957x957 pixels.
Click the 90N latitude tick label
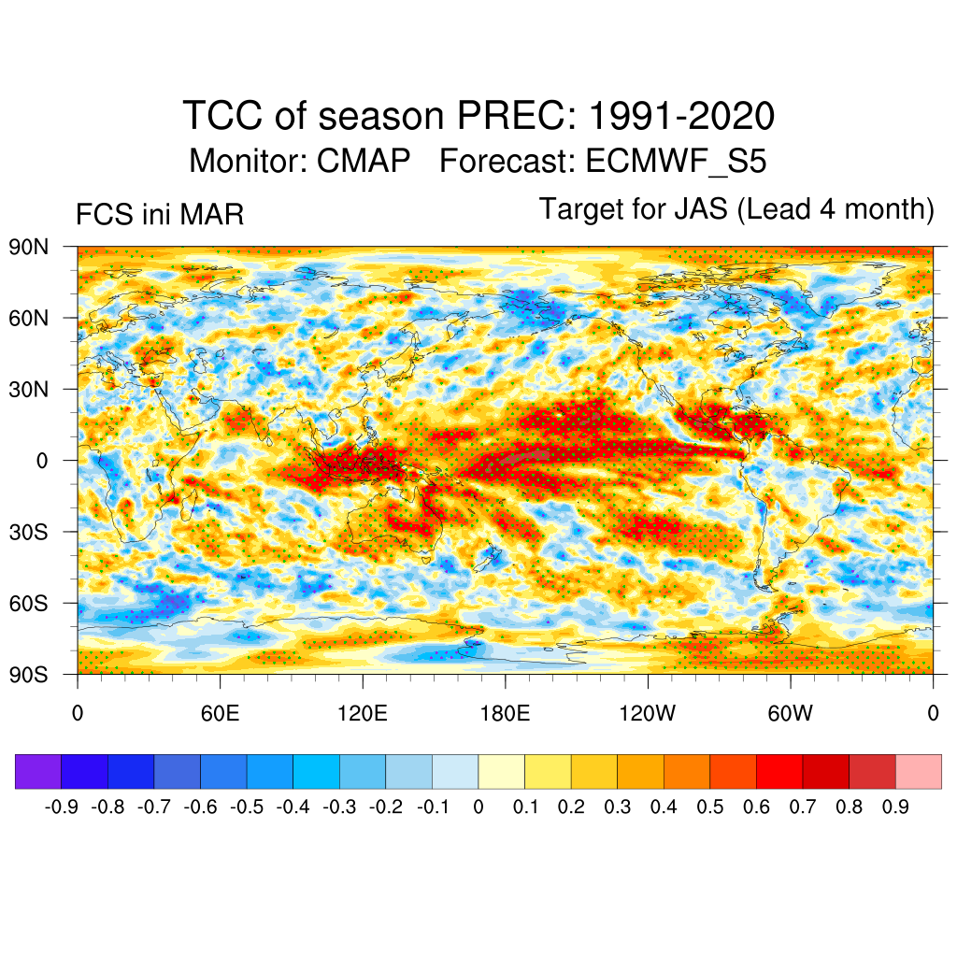(28, 247)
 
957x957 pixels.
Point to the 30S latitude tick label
(28, 532)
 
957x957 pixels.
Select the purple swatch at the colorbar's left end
(38, 771)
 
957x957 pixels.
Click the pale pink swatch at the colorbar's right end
(918, 771)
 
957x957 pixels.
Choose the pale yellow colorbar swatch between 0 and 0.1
(501, 771)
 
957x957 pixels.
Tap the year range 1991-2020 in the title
(681, 117)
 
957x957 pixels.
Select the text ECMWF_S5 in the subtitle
(676, 162)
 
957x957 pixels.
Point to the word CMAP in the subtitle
(364, 162)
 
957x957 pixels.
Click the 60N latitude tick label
(28, 318)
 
